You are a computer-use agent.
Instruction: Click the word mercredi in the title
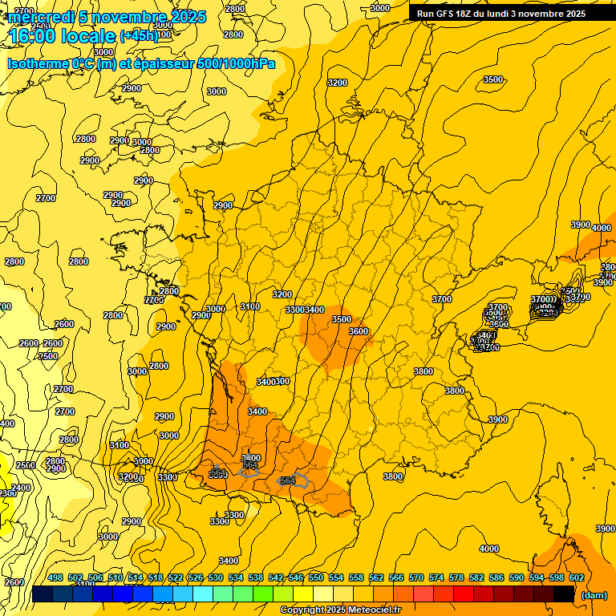pos(41,17)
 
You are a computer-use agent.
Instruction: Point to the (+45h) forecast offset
pos(139,36)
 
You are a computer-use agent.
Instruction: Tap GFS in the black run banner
pos(448,14)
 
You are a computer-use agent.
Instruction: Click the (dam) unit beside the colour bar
pos(594,594)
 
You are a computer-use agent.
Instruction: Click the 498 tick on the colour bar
pos(55,577)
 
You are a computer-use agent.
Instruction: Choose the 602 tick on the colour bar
pos(577,577)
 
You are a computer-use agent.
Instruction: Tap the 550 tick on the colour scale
pos(316,577)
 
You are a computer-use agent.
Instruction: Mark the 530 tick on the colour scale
pos(216,577)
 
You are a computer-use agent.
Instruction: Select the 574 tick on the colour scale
pos(436,577)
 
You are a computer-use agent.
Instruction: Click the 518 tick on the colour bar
pos(156,577)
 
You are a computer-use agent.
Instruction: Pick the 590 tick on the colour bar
pos(517,577)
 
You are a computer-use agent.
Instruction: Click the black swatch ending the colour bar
pos(564,594)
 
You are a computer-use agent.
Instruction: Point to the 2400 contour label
pos(21,488)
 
